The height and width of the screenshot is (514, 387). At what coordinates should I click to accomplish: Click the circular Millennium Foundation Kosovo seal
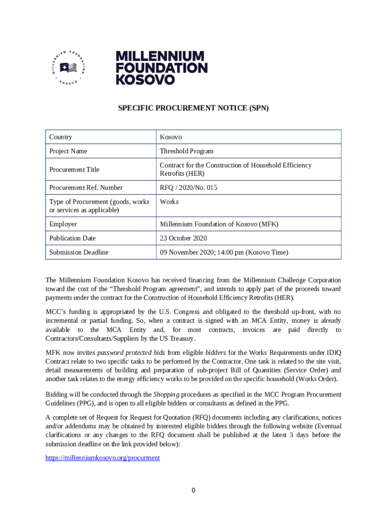tap(68, 67)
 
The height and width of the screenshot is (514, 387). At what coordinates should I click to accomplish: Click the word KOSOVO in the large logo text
tap(145, 79)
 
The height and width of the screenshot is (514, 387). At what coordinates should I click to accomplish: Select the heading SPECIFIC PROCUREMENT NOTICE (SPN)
tap(193, 108)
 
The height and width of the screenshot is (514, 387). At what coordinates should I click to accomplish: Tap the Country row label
tap(60, 137)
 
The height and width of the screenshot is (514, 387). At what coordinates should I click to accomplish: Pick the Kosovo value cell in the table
tap(171, 137)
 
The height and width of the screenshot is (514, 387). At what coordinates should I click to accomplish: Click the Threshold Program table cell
tap(186, 151)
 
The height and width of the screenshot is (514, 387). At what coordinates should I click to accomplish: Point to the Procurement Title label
tap(74, 170)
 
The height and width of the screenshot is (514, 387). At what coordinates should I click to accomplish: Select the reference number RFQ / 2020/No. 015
tap(188, 188)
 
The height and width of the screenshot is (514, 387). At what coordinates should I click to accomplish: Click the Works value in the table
tap(169, 202)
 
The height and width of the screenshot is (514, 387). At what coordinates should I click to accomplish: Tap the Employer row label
tap(63, 224)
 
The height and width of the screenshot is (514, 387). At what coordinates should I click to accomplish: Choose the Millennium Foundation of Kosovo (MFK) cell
tap(219, 224)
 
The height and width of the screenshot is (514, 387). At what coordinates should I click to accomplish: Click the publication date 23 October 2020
tap(183, 238)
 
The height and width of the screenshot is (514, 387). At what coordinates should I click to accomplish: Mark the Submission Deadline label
tap(78, 252)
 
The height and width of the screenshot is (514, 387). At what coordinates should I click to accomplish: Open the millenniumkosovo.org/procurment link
tap(103, 458)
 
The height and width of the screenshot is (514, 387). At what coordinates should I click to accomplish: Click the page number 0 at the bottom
tap(193, 490)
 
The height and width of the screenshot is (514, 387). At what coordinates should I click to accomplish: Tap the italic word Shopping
tap(166, 395)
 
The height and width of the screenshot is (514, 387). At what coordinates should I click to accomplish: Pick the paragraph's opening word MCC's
tap(55, 312)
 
